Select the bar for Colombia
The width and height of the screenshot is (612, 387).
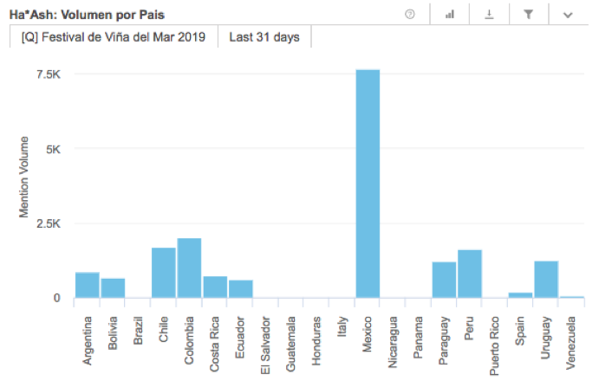(x=189, y=268)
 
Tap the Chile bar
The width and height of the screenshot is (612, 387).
(x=163, y=273)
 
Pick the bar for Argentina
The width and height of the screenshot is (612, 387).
(x=87, y=285)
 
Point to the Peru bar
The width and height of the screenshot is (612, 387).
(x=470, y=274)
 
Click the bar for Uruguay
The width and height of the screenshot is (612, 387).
(x=546, y=279)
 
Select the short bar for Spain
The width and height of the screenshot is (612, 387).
(x=520, y=295)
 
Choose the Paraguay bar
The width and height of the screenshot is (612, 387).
(x=444, y=280)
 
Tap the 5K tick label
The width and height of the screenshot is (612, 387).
(x=53, y=149)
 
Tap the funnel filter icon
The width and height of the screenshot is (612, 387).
(x=528, y=15)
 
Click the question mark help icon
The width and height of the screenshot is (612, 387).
(x=410, y=15)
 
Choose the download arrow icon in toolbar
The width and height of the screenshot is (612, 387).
(x=488, y=15)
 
